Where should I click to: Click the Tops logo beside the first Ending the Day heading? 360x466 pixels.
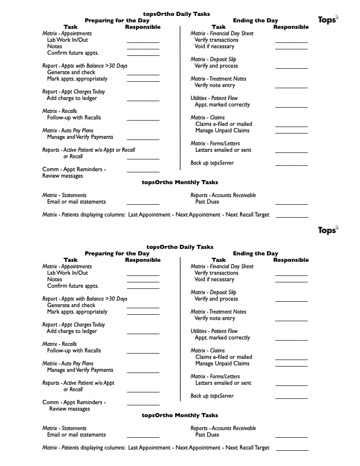(x=328, y=20)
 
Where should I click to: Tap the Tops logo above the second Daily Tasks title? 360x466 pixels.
(x=328, y=229)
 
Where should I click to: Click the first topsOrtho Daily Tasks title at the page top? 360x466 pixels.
(x=176, y=14)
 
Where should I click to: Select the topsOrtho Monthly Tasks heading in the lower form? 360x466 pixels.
(x=180, y=415)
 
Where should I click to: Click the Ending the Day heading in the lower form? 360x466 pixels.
(x=255, y=254)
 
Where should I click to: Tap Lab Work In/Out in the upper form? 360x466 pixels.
(x=68, y=40)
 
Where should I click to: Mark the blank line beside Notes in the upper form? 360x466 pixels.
(x=143, y=49)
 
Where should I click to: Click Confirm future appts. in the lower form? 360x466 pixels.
(x=73, y=286)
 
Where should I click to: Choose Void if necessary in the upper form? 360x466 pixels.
(x=215, y=46)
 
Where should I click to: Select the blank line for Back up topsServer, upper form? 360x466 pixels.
(x=291, y=165)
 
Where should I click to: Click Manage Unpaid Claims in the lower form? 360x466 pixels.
(x=222, y=364)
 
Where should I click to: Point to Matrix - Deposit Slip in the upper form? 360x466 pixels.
(x=214, y=59)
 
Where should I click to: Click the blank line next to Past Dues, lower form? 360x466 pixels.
(x=291, y=438)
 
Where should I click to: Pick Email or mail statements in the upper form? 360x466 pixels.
(x=76, y=202)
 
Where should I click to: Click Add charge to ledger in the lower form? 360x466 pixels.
(x=72, y=331)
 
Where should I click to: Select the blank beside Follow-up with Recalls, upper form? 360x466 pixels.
(x=143, y=121)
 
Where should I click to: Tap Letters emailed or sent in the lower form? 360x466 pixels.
(x=223, y=383)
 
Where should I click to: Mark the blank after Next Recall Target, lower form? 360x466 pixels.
(x=291, y=450)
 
